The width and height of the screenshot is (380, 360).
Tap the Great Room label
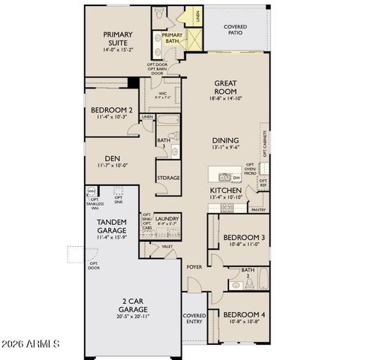226,88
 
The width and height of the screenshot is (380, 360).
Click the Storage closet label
168,178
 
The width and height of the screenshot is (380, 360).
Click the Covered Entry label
195,319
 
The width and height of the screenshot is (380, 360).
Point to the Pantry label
260,210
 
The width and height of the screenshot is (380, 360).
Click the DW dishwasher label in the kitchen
236,178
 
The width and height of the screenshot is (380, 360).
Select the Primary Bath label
171,38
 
